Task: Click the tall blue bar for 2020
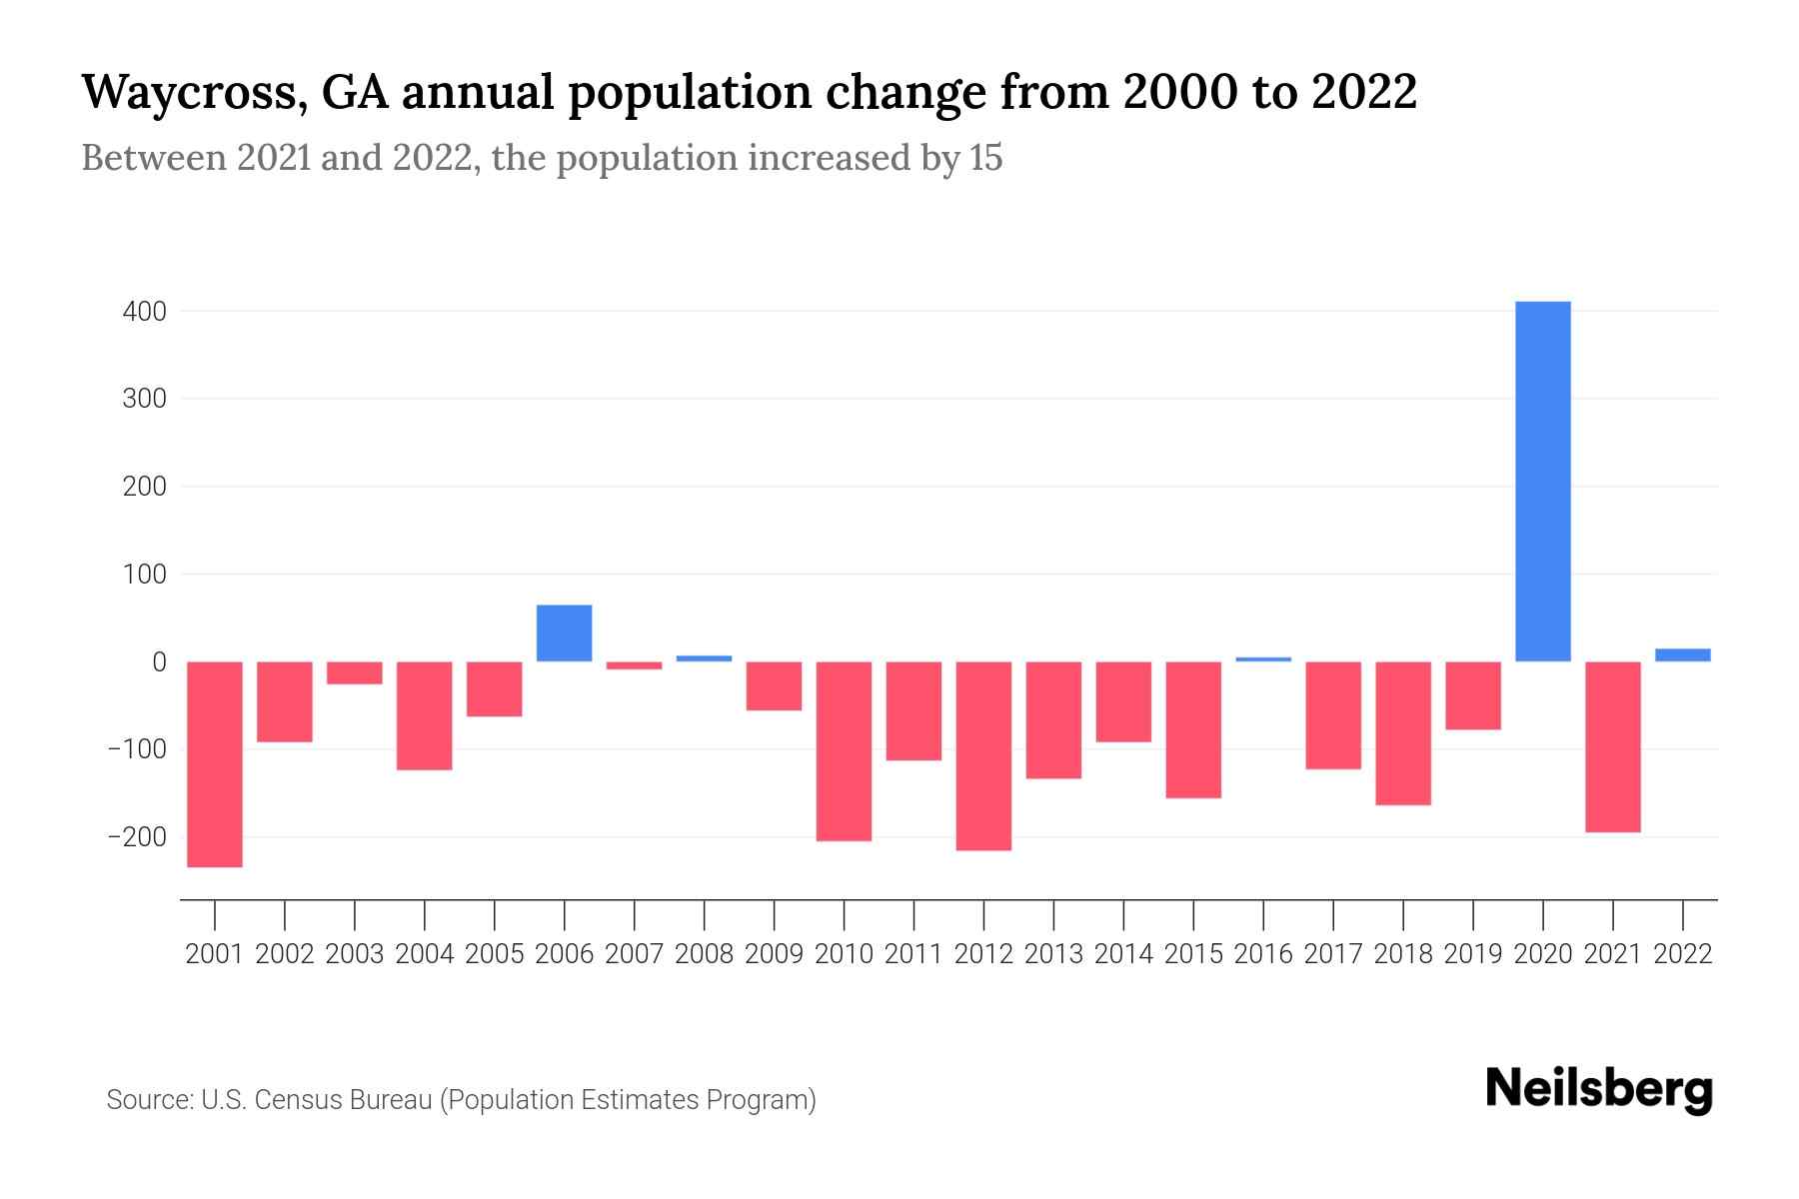point(1542,481)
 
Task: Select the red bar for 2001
point(215,764)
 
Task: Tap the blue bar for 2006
point(564,633)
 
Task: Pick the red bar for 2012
point(983,755)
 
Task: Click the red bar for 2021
point(1612,746)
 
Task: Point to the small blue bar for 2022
point(1682,654)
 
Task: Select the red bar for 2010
point(844,751)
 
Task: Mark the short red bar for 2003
point(355,672)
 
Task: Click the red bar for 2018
point(1402,732)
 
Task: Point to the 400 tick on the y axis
point(145,312)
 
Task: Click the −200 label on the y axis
point(137,836)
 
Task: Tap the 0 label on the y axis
point(159,661)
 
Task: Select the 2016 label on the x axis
point(1263,954)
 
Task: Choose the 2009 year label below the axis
point(774,954)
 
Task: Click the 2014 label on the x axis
point(1123,954)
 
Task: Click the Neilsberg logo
point(1598,1089)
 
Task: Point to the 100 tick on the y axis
point(145,575)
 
